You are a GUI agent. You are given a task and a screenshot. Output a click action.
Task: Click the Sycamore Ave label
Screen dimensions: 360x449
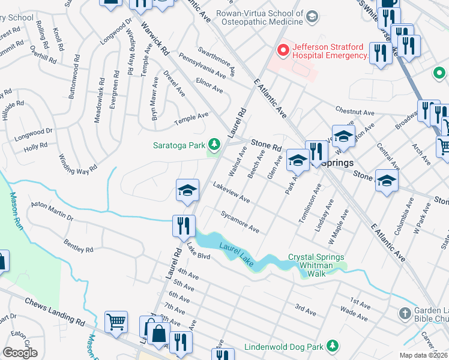tap(240, 221)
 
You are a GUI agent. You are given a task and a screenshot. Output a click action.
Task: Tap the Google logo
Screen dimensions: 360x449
tap(20, 353)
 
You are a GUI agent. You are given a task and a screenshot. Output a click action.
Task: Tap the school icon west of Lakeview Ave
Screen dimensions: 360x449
tap(187, 190)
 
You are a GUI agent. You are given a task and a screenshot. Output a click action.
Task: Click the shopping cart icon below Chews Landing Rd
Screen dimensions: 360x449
tap(115, 321)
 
